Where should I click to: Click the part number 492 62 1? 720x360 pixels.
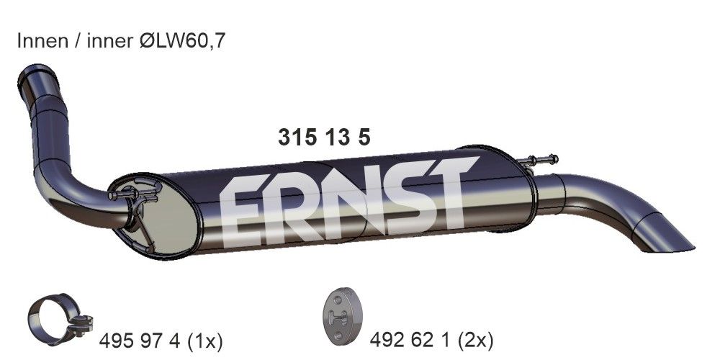click(x=408, y=338)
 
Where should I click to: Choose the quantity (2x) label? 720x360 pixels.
click(x=474, y=338)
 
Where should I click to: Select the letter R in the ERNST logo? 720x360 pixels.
click(x=295, y=207)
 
